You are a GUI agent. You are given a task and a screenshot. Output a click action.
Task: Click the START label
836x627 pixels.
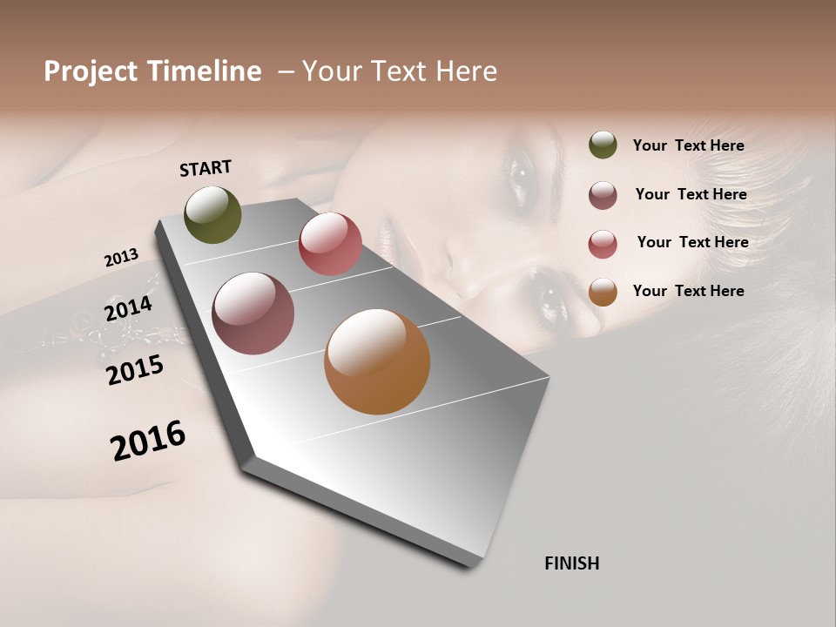pyautogui.click(x=206, y=168)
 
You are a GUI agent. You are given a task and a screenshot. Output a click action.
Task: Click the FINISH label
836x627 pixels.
pyautogui.click(x=572, y=563)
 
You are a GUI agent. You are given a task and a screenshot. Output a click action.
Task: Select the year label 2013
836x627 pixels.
pyautogui.click(x=121, y=258)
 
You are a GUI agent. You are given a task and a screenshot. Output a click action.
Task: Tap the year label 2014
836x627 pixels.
pyautogui.click(x=128, y=309)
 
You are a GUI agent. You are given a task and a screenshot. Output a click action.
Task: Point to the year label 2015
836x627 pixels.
pyautogui.click(x=135, y=370)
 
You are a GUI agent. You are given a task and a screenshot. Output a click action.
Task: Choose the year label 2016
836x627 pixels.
pyautogui.click(x=148, y=440)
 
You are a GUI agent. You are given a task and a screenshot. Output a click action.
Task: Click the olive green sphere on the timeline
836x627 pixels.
pyautogui.click(x=213, y=214)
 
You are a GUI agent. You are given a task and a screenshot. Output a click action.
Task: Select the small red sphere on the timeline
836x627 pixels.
pyautogui.click(x=330, y=243)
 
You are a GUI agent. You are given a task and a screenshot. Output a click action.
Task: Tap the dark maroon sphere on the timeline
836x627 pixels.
pyautogui.click(x=253, y=313)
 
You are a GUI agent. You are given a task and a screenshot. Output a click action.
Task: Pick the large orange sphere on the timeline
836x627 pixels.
pyautogui.click(x=377, y=361)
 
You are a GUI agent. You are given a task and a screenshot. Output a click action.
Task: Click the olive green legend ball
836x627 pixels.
pyautogui.click(x=603, y=145)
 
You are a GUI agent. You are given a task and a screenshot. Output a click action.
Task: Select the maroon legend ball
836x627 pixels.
pyautogui.click(x=603, y=195)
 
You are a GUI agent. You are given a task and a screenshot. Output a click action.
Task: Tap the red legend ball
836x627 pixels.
pyautogui.click(x=603, y=244)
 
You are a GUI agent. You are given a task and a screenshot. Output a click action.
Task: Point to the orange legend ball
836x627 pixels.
pyautogui.click(x=603, y=292)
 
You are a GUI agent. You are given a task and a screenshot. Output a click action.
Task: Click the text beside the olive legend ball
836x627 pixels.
pyautogui.click(x=689, y=145)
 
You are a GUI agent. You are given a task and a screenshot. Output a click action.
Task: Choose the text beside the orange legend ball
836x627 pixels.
pyautogui.click(x=689, y=291)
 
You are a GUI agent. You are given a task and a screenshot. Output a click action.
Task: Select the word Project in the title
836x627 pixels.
pyautogui.click(x=91, y=71)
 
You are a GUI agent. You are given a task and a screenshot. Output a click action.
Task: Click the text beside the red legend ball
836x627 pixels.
pyautogui.click(x=692, y=242)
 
